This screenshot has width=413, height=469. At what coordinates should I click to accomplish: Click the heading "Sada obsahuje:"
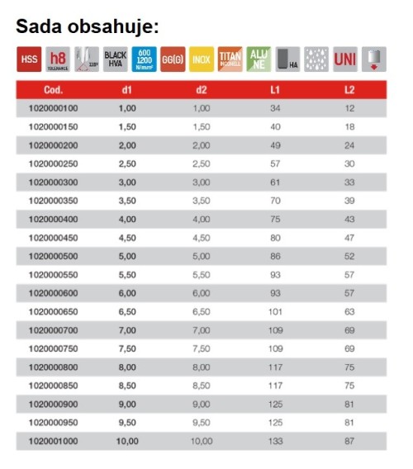pos(88,26)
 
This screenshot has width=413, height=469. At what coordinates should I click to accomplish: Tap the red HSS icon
pos(30,59)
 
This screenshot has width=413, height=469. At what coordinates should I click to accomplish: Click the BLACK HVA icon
pos(116,59)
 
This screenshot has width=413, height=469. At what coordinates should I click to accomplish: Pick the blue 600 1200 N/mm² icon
pos(145,59)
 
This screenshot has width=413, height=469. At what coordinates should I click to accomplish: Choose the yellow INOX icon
pos(201,59)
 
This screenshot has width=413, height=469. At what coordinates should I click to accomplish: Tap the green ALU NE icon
pos(259,59)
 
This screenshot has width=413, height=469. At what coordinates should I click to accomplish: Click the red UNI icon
pos(344,59)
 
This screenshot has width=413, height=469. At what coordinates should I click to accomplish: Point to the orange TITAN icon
pos(230,59)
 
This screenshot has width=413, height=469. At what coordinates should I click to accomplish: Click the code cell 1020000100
pos(53,108)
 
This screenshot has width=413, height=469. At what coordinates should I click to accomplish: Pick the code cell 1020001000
pos(53,441)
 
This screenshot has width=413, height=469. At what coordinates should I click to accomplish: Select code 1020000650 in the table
pos(53,311)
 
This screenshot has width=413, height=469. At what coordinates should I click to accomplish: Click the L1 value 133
pos(275,441)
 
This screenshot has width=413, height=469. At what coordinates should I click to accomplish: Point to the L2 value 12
pos(349,108)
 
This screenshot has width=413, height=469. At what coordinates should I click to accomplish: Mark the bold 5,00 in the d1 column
pos(126,256)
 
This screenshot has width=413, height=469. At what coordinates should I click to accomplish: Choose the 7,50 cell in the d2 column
pos(202,348)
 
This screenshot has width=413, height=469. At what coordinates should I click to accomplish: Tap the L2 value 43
pos(349,219)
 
